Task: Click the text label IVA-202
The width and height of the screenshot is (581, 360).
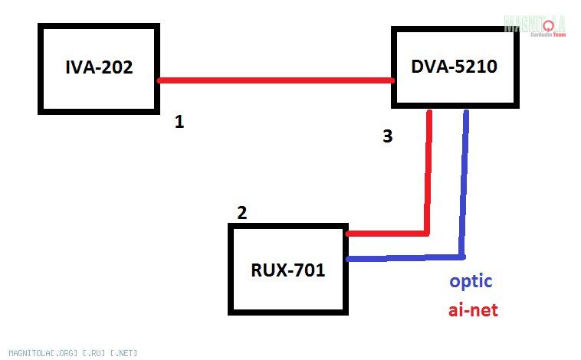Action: tap(99, 67)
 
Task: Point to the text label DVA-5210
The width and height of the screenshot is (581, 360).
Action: tap(454, 67)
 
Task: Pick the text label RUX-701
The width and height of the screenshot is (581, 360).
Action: tap(288, 270)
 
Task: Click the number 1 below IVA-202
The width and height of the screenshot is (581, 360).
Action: tap(179, 122)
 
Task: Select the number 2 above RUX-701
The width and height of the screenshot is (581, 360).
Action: tap(241, 213)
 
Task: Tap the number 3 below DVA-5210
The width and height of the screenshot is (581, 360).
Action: tap(387, 136)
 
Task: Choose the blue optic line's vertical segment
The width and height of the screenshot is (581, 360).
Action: tap(464, 184)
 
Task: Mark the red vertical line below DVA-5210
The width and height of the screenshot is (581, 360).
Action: tap(428, 172)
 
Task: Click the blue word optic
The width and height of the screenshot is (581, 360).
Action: tap(471, 281)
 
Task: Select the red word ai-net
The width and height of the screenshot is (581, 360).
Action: tap(473, 310)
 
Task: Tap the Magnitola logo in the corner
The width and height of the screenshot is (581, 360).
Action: tap(534, 25)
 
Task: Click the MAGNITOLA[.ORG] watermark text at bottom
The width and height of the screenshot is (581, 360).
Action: tap(69, 353)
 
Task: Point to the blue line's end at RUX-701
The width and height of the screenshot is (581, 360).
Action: tap(350, 259)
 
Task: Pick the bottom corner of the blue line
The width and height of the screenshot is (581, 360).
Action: tap(462, 256)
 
